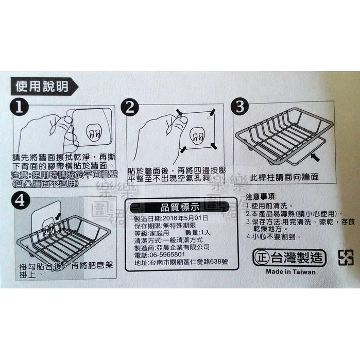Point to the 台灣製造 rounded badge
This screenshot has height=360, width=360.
pyautogui.click(x=290, y=257)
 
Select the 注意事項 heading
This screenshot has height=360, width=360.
pyautogui.click(x=261, y=197)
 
